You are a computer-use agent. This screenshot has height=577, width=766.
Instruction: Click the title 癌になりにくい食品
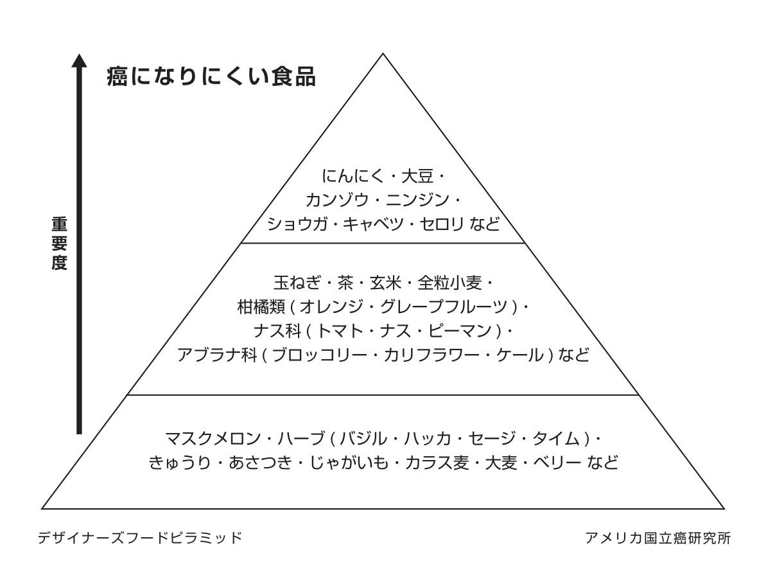[x=211, y=77]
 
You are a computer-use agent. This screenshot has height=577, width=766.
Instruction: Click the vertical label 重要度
[x=60, y=244]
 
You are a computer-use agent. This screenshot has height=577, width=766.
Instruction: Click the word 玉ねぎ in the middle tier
[x=295, y=282]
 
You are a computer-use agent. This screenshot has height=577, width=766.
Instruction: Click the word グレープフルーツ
[x=447, y=306]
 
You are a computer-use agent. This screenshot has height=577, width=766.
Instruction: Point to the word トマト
[x=340, y=330]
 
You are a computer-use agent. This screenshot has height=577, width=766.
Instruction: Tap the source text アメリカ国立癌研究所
[x=657, y=537]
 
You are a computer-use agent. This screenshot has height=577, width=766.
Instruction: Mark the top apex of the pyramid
[x=383, y=53]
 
